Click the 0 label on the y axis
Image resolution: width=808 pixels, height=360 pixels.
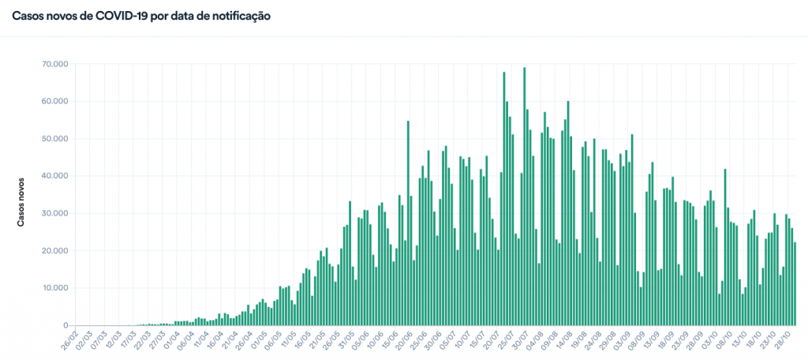[x=65, y=325]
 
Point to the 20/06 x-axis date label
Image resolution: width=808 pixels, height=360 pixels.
[x=403, y=344]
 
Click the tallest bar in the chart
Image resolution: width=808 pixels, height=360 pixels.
[x=525, y=197]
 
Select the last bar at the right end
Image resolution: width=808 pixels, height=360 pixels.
[x=795, y=284]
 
